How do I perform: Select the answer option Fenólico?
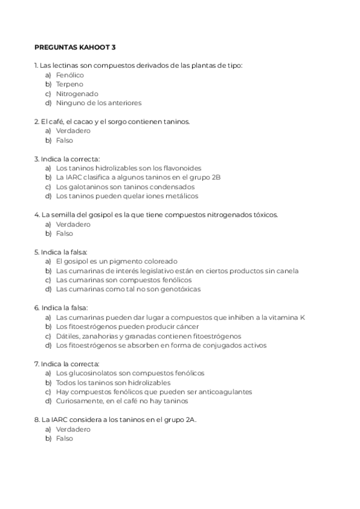[70, 75]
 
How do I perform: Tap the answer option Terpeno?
[70, 85]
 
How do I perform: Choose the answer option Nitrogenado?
[77, 94]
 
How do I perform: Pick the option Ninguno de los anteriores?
[98, 103]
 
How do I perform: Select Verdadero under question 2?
[73, 131]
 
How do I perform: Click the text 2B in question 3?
[216, 178]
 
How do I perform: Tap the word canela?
[287, 271]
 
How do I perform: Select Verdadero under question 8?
[73, 429]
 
